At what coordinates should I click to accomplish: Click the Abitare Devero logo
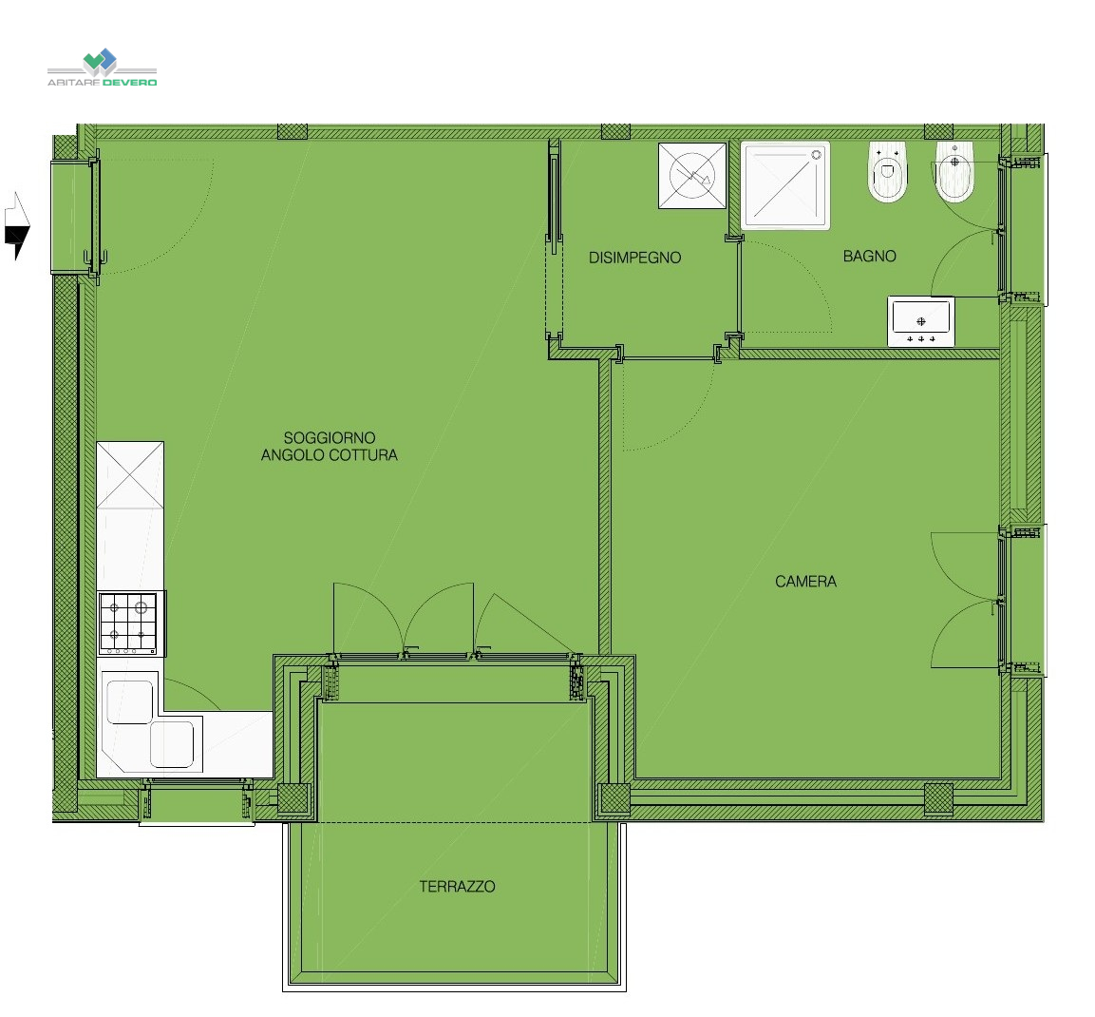[102, 67]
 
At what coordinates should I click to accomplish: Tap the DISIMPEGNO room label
[634, 258]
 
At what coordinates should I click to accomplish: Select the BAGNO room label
[869, 256]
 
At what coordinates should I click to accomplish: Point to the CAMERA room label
[806, 581]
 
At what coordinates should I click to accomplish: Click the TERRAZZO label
[458, 886]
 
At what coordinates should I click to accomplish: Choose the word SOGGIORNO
[330, 437]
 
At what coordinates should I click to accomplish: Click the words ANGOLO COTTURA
[330, 455]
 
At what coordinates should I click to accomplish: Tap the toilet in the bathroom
[887, 172]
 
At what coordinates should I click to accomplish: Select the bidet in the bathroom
[954, 172]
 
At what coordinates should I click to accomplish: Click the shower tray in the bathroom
[785, 185]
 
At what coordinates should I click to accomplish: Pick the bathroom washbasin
[921, 321]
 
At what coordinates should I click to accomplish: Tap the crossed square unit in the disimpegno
[692, 176]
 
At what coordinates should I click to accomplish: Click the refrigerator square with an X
[130, 475]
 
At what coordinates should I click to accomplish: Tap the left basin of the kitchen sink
[129, 701]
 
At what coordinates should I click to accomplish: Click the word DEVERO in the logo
[130, 83]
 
